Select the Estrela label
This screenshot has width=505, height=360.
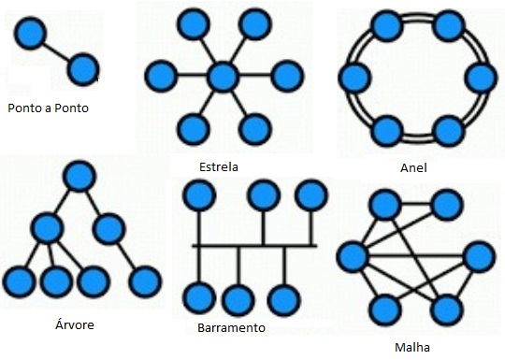click(219, 168)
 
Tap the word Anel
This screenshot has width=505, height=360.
click(412, 168)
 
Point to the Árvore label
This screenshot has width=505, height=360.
click(75, 325)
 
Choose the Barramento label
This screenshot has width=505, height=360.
click(232, 328)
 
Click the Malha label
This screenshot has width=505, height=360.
click(412, 348)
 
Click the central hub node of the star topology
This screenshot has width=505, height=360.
click(223, 75)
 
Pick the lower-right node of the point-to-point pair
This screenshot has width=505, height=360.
click(83, 67)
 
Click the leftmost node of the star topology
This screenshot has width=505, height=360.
click(161, 75)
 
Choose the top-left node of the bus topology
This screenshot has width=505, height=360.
click(197, 196)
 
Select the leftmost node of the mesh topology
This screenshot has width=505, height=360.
click(353, 255)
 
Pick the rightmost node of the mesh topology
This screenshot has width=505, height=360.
click(478, 255)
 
